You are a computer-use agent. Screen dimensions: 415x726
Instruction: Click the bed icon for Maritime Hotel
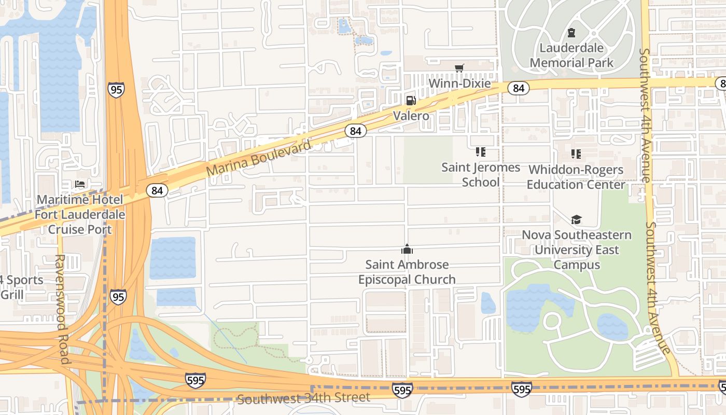pos(79,184)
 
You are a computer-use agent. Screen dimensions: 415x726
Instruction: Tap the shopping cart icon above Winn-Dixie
pos(459,68)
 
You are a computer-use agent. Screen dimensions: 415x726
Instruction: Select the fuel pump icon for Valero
pos(411,100)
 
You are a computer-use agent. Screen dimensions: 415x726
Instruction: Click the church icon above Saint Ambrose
pos(407,250)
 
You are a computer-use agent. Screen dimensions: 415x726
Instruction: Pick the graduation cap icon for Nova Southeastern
pos(576,220)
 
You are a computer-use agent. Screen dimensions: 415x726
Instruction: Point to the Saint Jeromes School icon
pos(481,152)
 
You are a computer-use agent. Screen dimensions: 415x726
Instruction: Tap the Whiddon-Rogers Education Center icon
pos(576,154)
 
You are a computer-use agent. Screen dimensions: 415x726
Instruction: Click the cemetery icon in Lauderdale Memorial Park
pos(571,33)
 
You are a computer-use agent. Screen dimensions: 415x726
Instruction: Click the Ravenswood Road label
pos(61,309)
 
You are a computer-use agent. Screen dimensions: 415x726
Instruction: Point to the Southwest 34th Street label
pos(304,398)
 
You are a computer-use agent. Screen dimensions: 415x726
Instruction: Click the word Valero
pos(411,116)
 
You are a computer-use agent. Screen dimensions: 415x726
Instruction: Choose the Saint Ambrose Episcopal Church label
pos(407,272)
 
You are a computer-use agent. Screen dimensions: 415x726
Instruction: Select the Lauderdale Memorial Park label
pos(571,56)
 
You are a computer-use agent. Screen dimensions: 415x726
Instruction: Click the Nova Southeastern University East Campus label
pos(577,250)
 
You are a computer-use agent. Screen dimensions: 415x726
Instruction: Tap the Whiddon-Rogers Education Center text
pos(576,177)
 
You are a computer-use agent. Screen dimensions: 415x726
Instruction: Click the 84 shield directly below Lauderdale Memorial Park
pos(518,88)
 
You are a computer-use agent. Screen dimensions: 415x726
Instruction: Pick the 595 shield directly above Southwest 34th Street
pos(402,390)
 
